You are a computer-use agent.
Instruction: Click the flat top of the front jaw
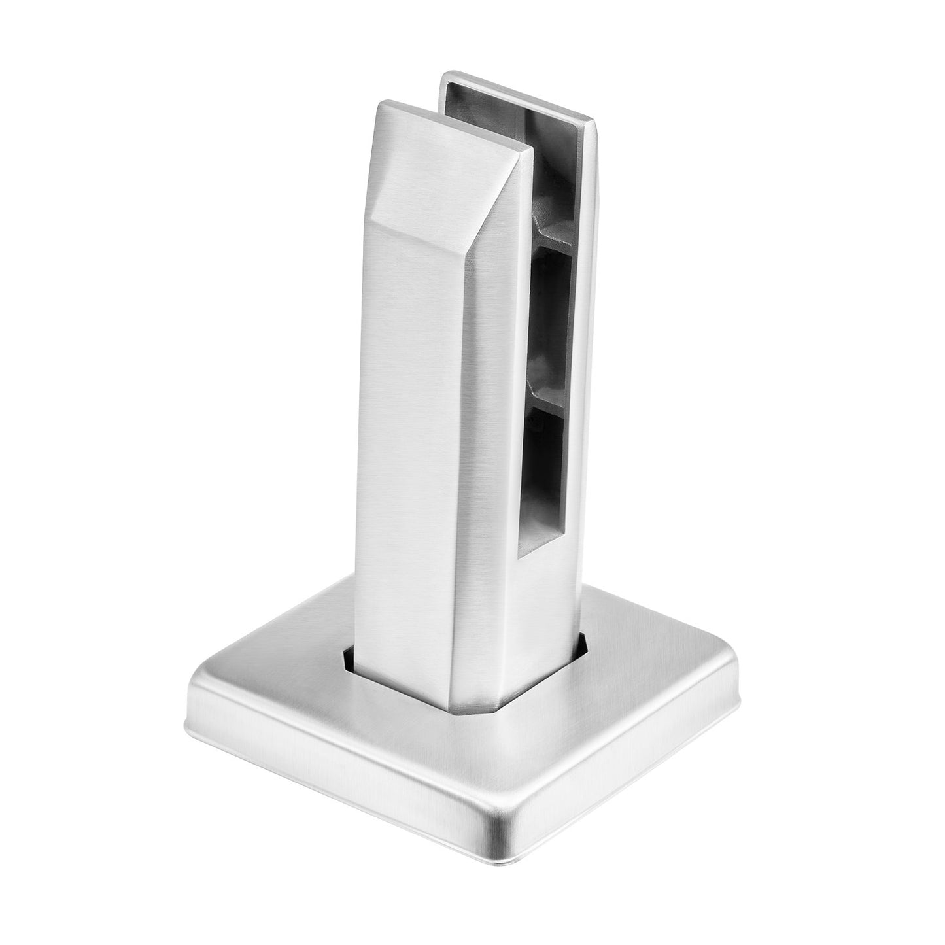coord(451,128)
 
